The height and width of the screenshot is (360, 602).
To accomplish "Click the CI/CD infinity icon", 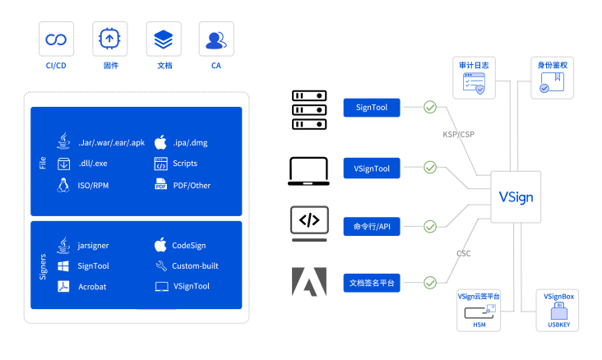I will point(56,39).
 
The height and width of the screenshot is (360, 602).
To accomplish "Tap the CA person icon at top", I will point(216,39).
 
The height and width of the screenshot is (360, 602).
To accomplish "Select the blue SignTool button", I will point(372,108).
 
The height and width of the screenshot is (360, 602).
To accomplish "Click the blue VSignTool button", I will point(372,168).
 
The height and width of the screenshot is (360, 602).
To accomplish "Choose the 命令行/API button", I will point(372,227).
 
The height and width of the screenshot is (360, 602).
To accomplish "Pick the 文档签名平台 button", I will point(372,284).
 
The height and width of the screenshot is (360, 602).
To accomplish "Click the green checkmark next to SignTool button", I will point(430,108).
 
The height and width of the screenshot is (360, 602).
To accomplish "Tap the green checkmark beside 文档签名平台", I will point(430,284).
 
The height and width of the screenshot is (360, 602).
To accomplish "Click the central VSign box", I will point(516,196).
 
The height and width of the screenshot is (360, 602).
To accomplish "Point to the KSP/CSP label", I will point(459,133).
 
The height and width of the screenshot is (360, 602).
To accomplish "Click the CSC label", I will point(464,253).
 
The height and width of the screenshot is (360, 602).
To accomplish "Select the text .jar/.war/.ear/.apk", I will point(111,142).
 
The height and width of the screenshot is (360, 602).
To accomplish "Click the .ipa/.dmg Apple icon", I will point(160,141).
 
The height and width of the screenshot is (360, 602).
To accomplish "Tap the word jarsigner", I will point(94,245).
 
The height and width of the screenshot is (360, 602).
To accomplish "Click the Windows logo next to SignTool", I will point(63,266).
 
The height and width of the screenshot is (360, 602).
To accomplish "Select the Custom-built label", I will point(195,266).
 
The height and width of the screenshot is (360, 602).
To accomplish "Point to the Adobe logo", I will point(309,281).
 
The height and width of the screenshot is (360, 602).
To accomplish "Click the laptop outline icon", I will point(309,223).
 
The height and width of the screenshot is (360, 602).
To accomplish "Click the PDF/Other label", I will point(191,185).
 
